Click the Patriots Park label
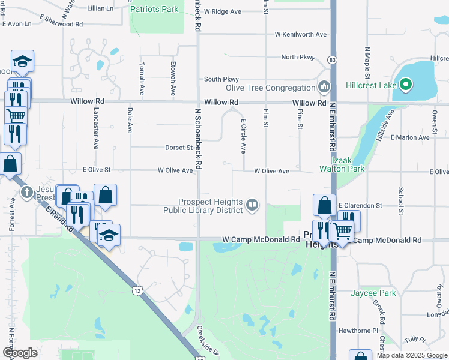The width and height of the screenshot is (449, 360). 155,9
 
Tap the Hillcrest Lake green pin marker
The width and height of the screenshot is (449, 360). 405,85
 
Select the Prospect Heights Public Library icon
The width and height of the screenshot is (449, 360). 253,206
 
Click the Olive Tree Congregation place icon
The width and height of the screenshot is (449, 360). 325,88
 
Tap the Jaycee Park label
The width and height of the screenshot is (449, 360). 375,293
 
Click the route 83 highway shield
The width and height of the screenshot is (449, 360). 332,59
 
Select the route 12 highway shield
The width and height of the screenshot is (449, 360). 139,291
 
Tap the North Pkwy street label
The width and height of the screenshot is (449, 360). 298,58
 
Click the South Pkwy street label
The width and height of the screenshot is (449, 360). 221,79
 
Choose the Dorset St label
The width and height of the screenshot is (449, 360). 178,147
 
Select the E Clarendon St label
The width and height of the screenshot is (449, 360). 360,205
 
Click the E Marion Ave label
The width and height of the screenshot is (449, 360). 410,137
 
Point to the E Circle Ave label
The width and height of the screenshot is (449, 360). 244,135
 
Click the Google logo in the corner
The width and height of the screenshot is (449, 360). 20,353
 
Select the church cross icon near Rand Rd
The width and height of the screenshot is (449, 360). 26,193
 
